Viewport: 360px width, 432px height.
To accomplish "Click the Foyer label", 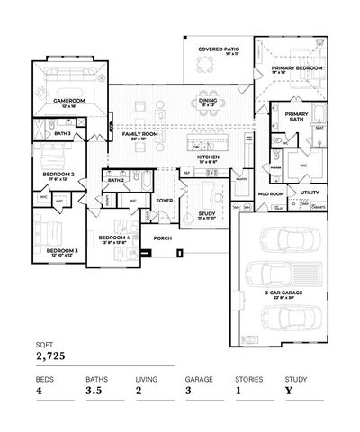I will pos(165,201).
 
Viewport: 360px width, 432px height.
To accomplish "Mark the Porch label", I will pos(163,238).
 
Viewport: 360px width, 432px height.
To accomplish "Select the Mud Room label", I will pos(271,193).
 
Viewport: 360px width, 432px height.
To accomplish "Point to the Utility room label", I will pos(309,192).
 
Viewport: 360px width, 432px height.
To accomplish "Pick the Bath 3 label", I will pos(63,133).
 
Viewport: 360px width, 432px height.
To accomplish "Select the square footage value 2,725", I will pos(50,357).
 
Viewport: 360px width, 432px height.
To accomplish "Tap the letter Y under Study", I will pos(288,391).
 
